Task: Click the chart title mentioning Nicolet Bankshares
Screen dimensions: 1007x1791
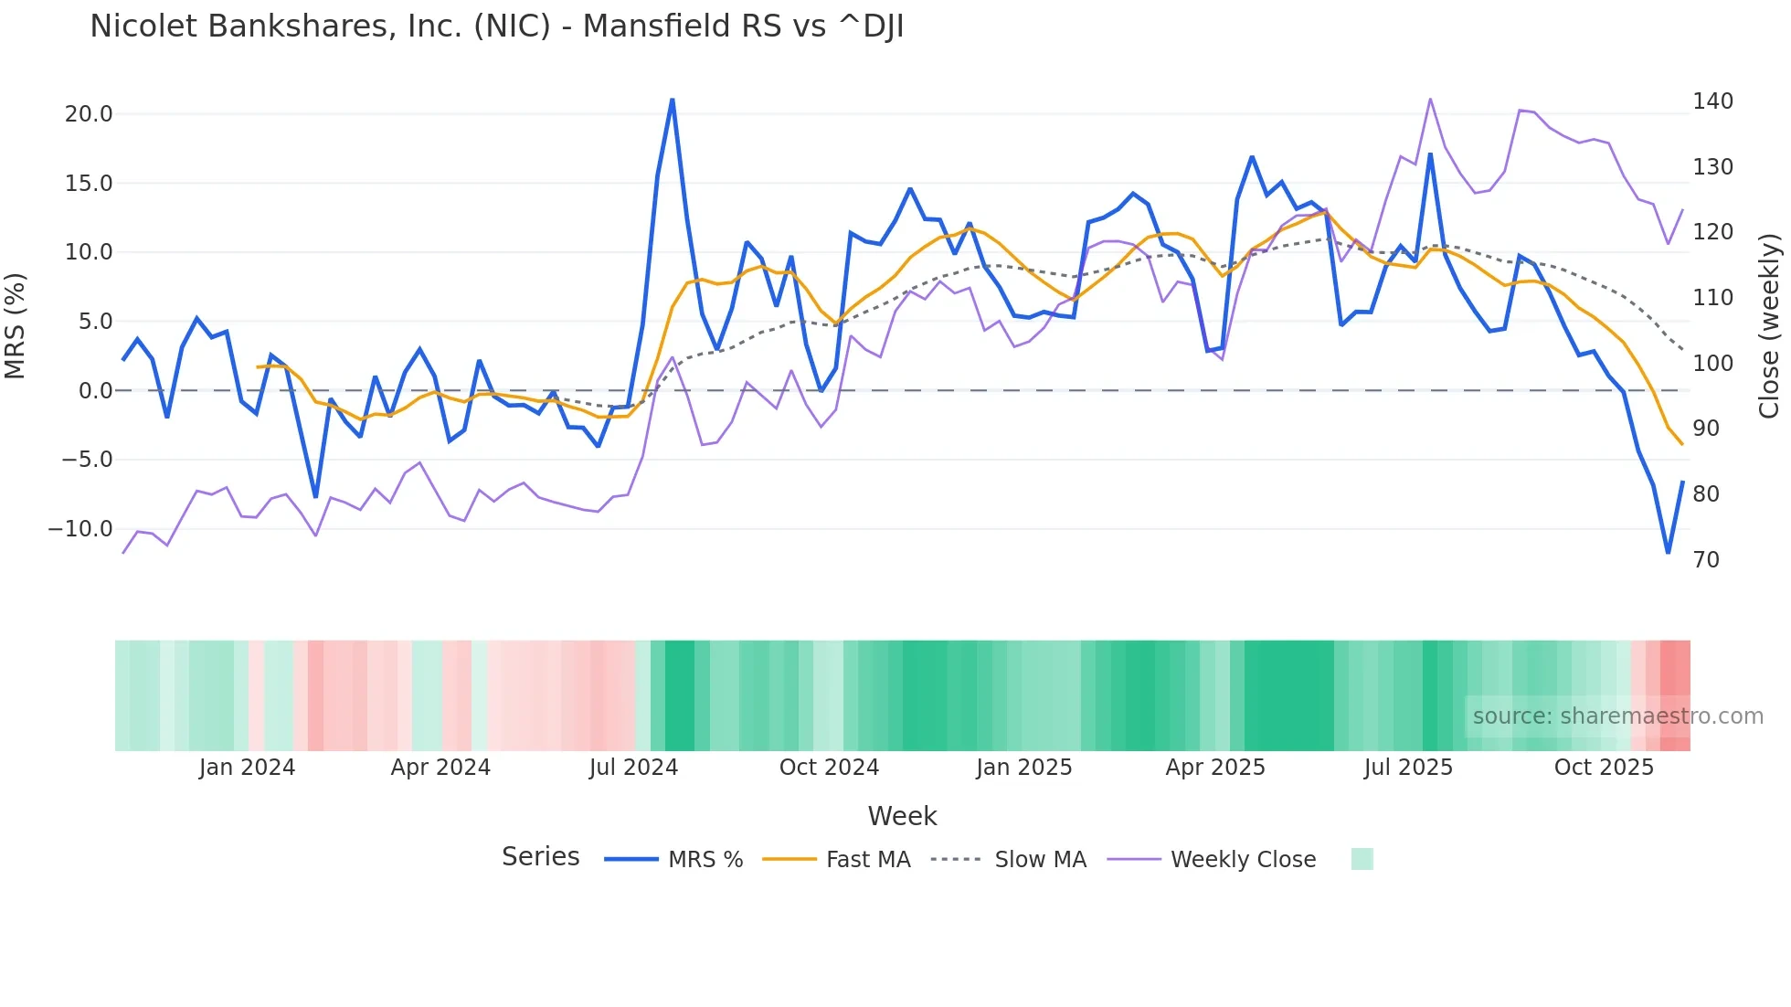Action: click(x=496, y=26)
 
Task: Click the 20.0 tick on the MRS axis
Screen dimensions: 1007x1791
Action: click(x=89, y=114)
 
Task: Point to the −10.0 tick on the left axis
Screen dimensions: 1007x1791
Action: click(x=80, y=529)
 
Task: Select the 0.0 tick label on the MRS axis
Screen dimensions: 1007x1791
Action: click(x=95, y=391)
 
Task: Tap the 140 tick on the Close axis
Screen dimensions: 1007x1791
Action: click(x=1712, y=101)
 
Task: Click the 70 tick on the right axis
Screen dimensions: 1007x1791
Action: click(x=1706, y=560)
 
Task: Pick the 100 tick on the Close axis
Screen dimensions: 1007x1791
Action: click(x=1712, y=364)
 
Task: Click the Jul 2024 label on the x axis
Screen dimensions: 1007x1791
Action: click(x=633, y=768)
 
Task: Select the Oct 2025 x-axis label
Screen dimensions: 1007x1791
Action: click(x=1604, y=768)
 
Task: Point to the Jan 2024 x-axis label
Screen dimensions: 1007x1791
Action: click(x=247, y=768)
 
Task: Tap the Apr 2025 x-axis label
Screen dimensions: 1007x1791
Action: click(x=1215, y=768)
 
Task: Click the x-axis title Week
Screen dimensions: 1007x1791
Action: click(x=902, y=816)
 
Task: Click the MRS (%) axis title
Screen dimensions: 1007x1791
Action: click(x=16, y=325)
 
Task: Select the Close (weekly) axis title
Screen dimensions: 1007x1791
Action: click(x=1770, y=326)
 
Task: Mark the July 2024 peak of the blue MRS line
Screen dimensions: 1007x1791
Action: click(x=673, y=100)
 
